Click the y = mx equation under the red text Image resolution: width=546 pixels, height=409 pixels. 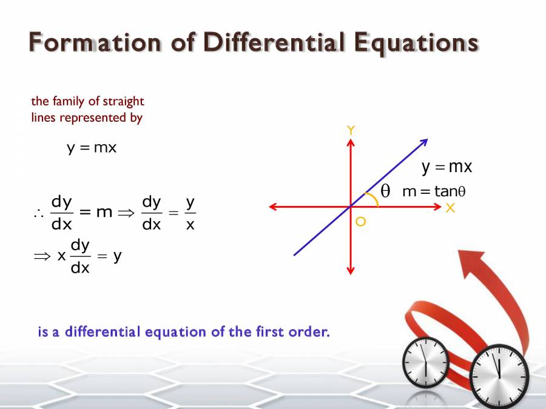[x=91, y=147]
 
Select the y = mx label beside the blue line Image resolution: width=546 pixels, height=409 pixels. [x=447, y=167]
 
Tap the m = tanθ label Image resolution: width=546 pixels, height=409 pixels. [x=433, y=191]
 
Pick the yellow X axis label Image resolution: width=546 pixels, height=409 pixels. [x=450, y=208]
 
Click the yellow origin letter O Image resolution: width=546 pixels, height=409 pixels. [x=360, y=222]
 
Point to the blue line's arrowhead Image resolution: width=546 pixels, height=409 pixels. [x=424, y=142]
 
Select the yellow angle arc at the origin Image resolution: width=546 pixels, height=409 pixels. [x=373, y=198]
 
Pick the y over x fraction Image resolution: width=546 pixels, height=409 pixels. [x=190, y=213]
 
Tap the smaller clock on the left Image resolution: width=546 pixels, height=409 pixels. [x=425, y=361]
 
